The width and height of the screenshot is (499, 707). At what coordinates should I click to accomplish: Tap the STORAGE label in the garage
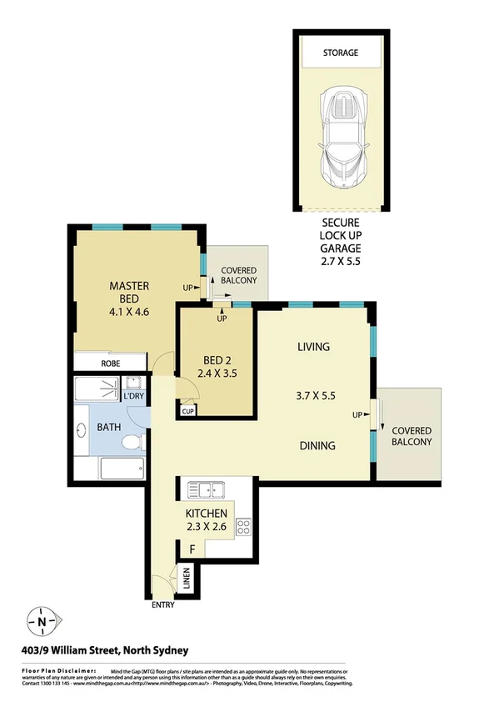(x=340, y=53)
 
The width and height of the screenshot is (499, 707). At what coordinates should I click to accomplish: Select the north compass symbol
(x=42, y=620)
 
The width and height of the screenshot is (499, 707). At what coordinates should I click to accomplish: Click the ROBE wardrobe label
(x=111, y=364)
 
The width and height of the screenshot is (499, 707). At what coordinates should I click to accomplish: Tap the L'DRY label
(x=135, y=396)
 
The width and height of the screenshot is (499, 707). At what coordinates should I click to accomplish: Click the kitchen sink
(x=206, y=489)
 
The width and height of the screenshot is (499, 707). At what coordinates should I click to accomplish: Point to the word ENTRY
(x=162, y=605)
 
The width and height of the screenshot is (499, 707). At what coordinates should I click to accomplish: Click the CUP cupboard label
(x=187, y=411)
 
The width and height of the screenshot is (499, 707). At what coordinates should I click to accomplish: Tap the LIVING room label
(x=313, y=347)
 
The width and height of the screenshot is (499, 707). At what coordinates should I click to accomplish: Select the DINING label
(x=317, y=445)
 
